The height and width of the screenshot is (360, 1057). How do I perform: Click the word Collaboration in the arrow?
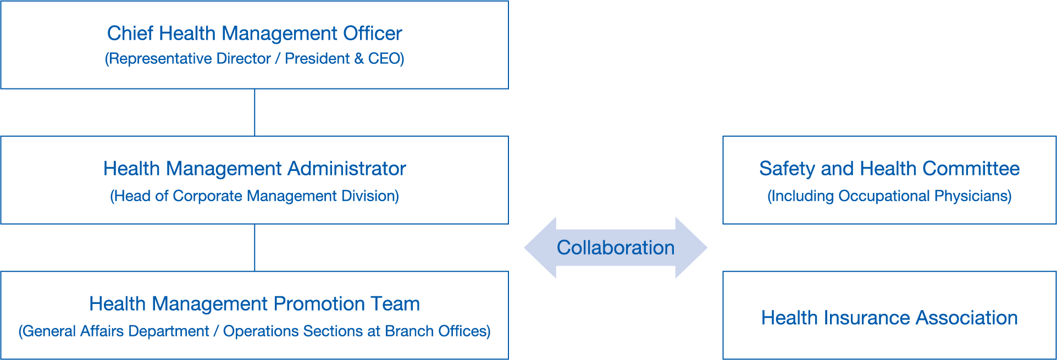(x=615, y=248)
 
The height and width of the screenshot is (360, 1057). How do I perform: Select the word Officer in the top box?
(x=372, y=34)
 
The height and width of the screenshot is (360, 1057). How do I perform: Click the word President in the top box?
(x=317, y=59)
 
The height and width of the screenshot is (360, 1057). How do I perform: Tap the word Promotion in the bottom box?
(x=319, y=304)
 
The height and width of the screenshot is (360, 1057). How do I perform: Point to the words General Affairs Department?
(x=115, y=331)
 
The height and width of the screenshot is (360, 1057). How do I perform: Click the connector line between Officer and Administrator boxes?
(x=254, y=112)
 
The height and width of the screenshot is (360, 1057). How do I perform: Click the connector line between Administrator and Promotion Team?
(x=254, y=247)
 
